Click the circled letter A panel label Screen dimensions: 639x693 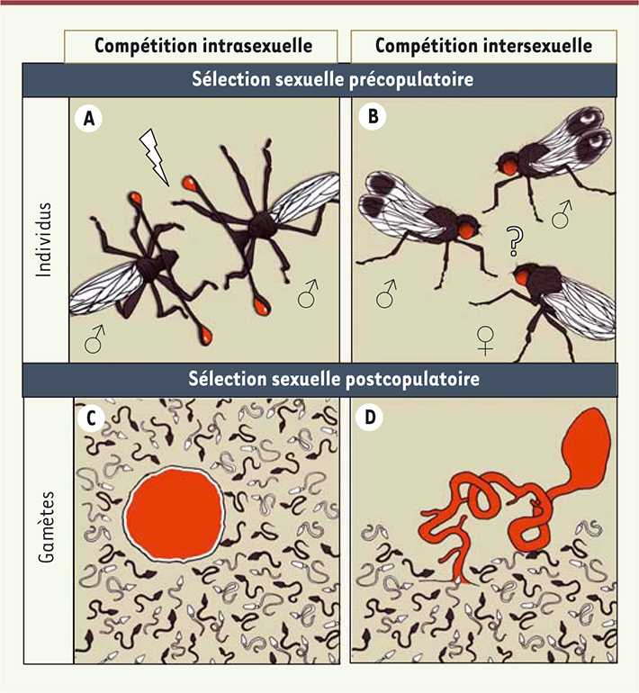click(88, 119)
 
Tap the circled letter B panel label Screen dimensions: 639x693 click(373, 116)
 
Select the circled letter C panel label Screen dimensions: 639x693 click(91, 418)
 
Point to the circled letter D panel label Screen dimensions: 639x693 click(370, 417)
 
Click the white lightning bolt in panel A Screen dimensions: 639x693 click(154, 157)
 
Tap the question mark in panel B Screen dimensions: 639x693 click(515, 241)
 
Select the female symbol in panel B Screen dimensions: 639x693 click(486, 340)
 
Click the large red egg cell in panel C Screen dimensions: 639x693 click(175, 515)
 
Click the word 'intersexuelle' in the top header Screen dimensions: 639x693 click(538, 46)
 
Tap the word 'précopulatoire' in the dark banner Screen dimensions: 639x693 click(411, 79)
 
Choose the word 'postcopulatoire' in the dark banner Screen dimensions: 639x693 click(413, 379)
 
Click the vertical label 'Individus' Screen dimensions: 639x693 click(44, 240)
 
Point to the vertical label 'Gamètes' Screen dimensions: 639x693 click(46, 526)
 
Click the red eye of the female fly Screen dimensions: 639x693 click(522, 277)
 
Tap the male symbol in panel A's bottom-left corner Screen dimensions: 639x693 click(95, 339)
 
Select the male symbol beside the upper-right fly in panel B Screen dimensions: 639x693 click(562, 214)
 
